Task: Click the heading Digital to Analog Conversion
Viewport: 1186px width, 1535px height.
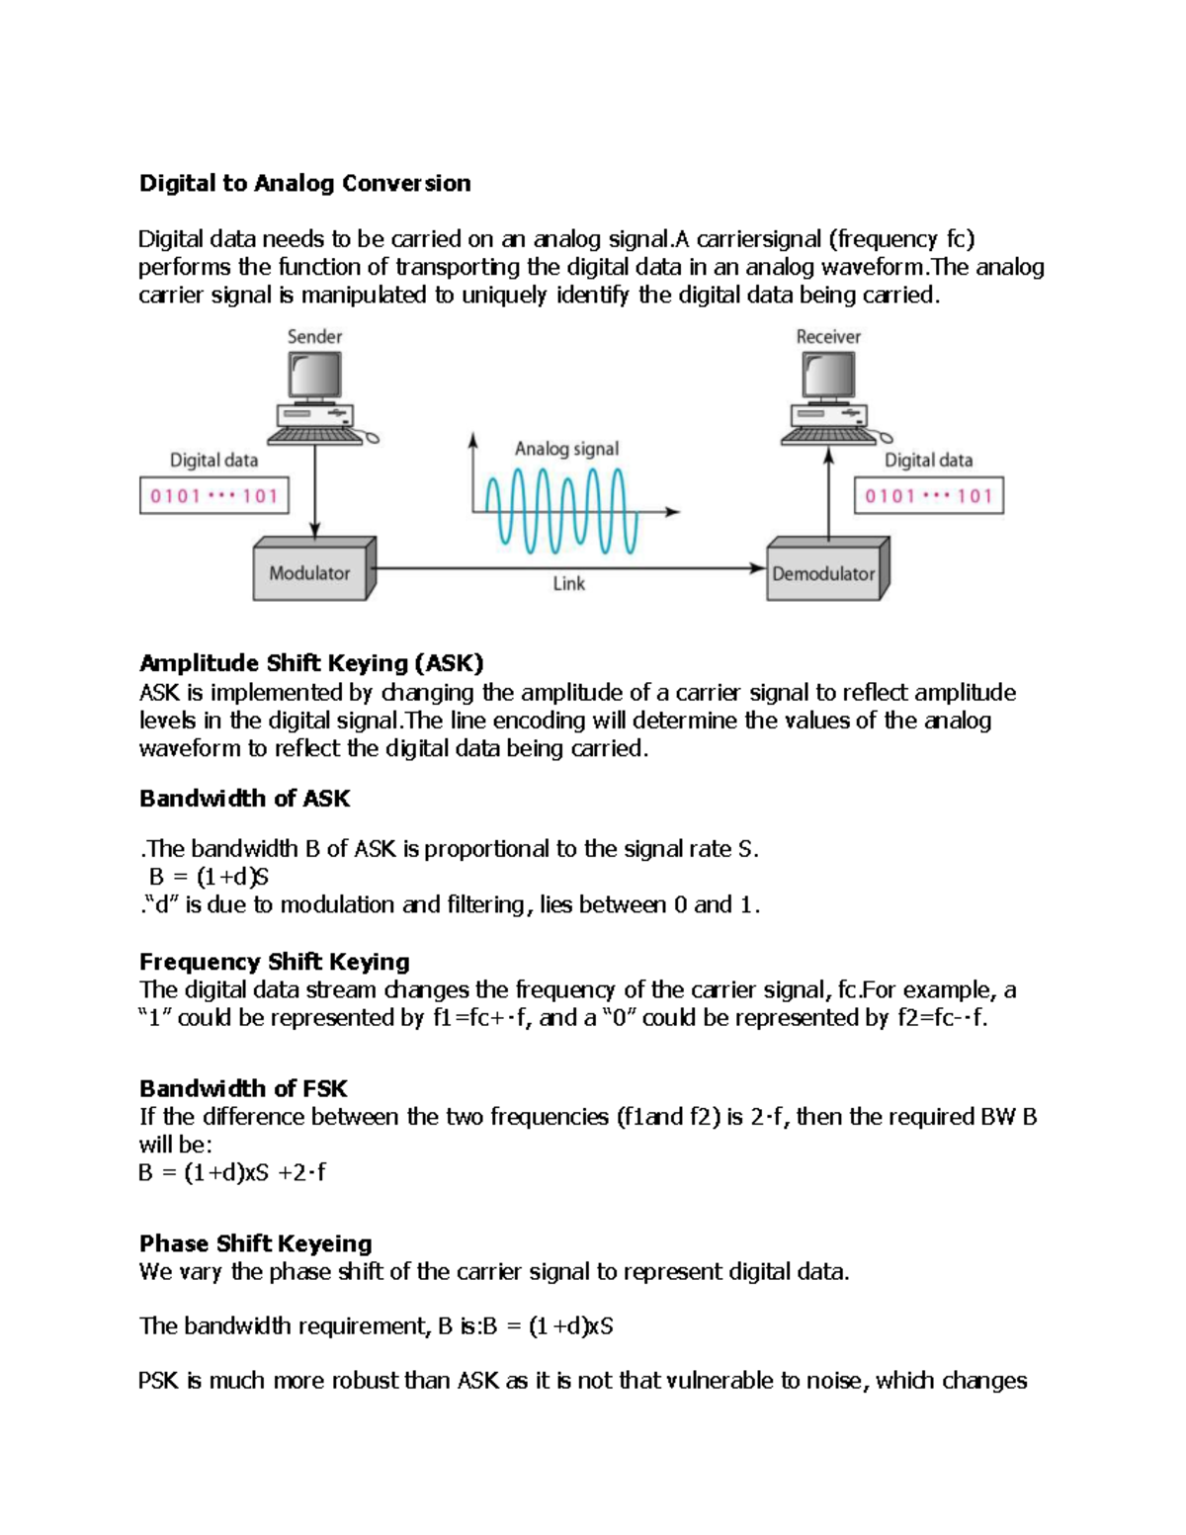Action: tap(304, 183)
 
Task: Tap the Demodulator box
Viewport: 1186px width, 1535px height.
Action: tap(824, 573)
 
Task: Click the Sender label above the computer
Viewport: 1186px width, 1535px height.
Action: tap(314, 337)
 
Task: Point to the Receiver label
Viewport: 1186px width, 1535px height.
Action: tap(828, 337)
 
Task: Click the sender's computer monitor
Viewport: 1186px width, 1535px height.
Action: tap(315, 376)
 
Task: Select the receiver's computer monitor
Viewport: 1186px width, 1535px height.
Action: tap(828, 376)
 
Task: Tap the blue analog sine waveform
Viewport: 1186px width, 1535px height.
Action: tap(560, 510)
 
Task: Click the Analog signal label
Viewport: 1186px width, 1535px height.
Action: tap(566, 449)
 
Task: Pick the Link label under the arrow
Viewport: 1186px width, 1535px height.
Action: tap(568, 584)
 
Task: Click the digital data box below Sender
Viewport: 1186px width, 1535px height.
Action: tap(214, 496)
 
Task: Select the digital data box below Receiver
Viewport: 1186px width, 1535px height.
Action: tap(928, 496)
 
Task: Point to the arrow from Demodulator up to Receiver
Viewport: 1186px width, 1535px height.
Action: tap(828, 494)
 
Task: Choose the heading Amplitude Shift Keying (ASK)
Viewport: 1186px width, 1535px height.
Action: tap(311, 663)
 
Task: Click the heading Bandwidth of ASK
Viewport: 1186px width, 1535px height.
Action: tap(244, 799)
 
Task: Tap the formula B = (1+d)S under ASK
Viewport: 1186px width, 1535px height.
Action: tap(209, 877)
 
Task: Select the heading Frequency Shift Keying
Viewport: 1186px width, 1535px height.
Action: tap(274, 962)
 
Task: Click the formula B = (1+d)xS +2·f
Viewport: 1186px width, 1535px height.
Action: tap(232, 1173)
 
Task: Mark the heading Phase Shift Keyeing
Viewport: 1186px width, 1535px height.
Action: tap(255, 1243)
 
